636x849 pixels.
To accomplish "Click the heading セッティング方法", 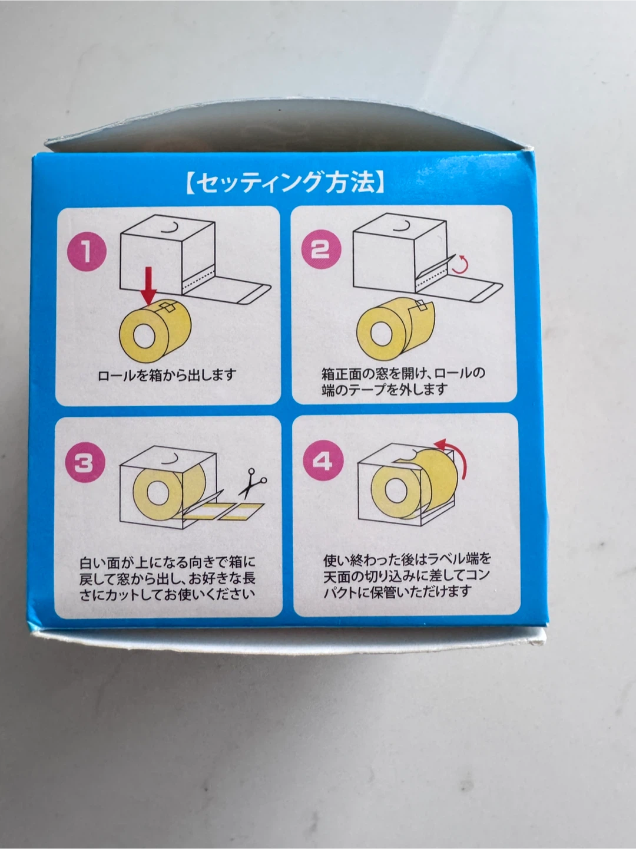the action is coord(285,183).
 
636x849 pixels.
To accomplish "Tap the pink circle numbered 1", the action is coord(87,251).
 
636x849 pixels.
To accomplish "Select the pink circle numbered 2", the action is coord(322,249).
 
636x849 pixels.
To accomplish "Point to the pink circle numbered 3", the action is coord(85,463).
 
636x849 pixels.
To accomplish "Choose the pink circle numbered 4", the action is coord(323,460).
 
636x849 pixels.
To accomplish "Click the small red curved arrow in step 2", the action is coord(462,264).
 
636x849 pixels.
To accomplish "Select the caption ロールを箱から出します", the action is coord(167,375).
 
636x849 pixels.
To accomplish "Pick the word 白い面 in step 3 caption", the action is coord(100,563).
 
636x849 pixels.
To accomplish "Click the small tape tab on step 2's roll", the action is coord(423,305).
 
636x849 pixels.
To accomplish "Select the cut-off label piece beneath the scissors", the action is coord(241,512).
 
